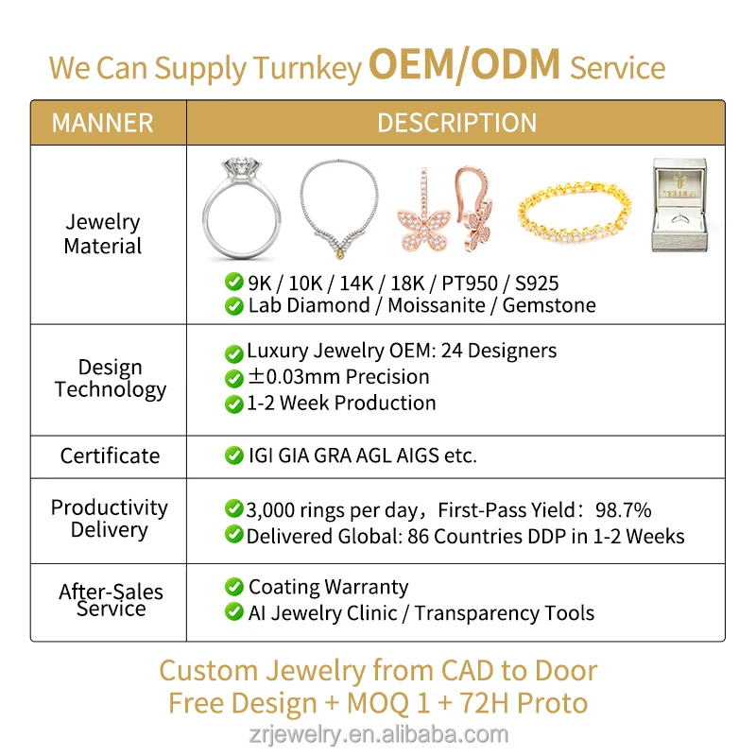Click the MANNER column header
tap(102, 123)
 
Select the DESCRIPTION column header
tap(456, 123)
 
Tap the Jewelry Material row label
tap(103, 234)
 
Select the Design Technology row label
tap(110, 378)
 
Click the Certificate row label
tap(110, 455)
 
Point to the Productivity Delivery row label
tap(110, 519)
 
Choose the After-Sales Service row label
tap(111, 600)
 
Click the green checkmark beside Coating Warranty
tap(233, 587)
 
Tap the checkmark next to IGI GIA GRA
tap(233, 455)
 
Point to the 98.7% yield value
tap(623, 510)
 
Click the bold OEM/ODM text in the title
tap(464, 66)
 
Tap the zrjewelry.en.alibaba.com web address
tap(378, 734)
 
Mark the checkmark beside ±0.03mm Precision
tap(233, 378)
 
